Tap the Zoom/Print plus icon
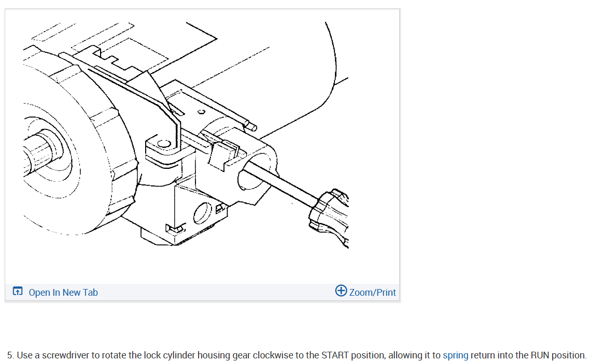(341, 291)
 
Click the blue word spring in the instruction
(455, 355)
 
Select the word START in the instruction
(335, 355)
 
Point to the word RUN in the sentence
(540, 355)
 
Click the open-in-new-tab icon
(18, 291)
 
